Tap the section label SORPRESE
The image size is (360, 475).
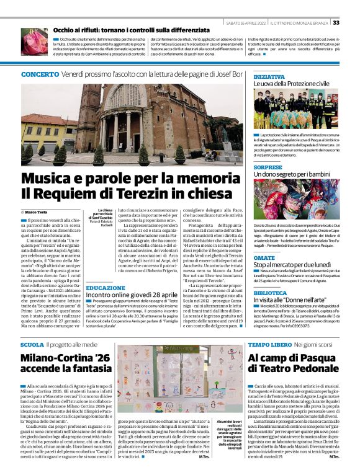click(268, 168)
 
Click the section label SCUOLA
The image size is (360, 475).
click(32, 344)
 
